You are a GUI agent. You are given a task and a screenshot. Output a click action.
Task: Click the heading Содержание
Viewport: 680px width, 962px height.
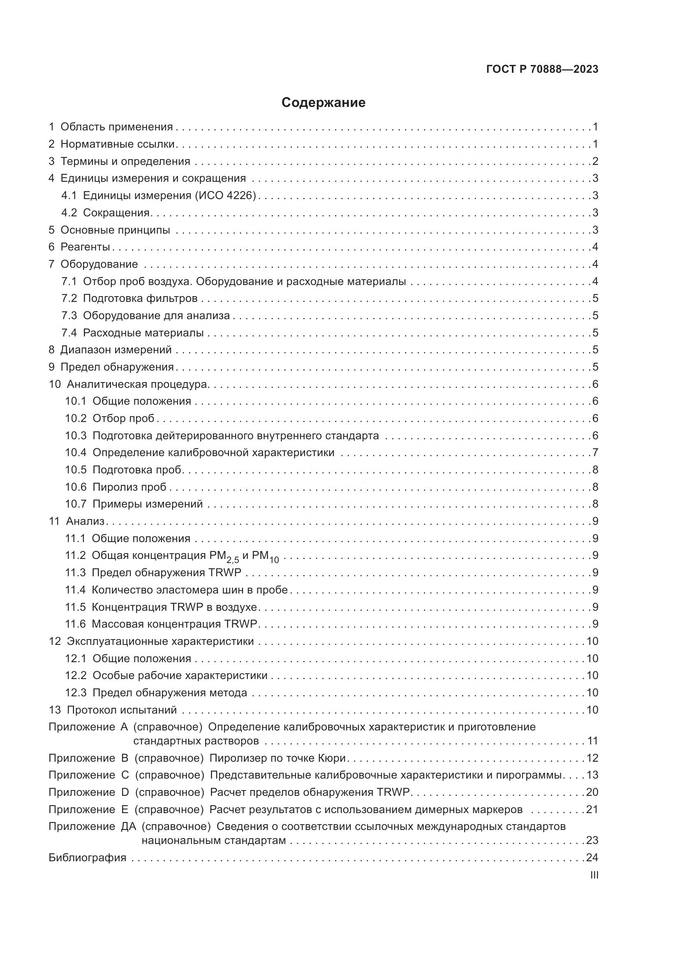(323, 103)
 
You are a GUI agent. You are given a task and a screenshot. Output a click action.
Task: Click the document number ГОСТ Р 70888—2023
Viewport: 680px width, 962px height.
(542, 70)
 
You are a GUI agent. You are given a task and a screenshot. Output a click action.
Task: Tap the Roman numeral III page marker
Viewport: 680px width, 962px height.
(594, 875)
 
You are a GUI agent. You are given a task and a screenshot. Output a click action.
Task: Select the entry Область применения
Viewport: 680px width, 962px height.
(116, 127)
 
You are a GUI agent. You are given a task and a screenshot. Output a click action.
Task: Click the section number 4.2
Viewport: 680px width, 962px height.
(69, 213)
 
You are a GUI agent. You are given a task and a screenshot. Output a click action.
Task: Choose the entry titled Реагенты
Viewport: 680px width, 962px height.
(85, 247)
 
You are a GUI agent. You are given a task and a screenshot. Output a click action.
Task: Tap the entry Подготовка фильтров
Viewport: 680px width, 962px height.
(140, 298)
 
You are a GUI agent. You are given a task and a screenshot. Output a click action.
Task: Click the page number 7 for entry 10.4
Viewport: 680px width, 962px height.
(595, 453)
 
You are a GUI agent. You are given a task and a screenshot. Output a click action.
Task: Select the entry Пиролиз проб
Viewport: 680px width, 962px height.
(129, 487)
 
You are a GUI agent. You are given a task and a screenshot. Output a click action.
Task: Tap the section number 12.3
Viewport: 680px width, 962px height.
(75, 693)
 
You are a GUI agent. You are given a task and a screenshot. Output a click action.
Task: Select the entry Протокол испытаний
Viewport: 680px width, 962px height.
(121, 710)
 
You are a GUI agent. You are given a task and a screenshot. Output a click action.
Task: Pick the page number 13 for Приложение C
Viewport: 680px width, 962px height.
(592, 775)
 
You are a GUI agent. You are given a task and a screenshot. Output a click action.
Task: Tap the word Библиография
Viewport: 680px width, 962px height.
(87, 858)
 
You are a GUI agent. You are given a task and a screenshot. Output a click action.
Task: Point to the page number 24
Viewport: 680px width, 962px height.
(592, 858)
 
